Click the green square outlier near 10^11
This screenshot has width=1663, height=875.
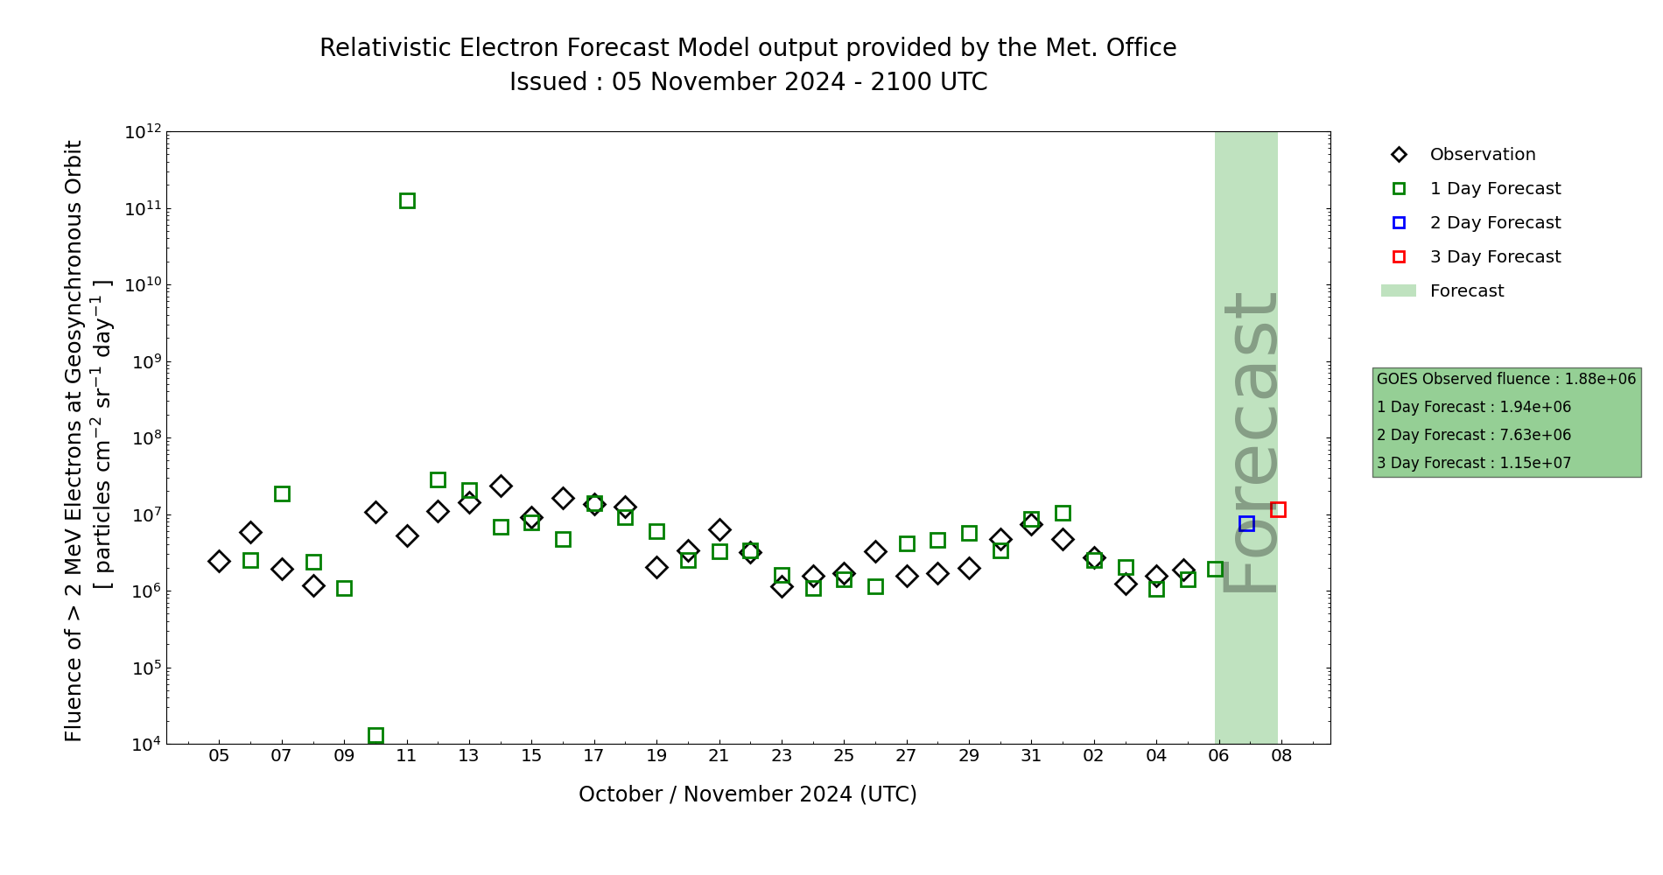pyautogui.click(x=407, y=201)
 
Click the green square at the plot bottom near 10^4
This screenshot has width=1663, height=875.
pyautogui.click(x=375, y=735)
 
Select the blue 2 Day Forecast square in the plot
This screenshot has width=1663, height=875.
pyautogui.click(x=1246, y=523)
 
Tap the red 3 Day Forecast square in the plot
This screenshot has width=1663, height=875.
pyautogui.click(x=1278, y=509)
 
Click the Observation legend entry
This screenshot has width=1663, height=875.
pyautogui.click(x=1482, y=155)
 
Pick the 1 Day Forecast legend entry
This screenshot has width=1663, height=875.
pyautogui.click(x=1494, y=189)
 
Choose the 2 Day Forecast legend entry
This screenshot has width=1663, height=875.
pyautogui.click(x=1494, y=223)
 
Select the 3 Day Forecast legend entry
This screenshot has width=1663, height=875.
pyautogui.click(x=1494, y=257)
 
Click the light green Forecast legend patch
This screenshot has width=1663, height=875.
pyautogui.click(x=1399, y=290)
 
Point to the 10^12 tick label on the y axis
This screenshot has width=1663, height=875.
pyautogui.click(x=144, y=132)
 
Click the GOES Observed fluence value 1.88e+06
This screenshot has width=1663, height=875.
pyautogui.click(x=1600, y=380)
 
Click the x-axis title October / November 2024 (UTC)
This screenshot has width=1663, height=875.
pyautogui.click(x=747, y=794)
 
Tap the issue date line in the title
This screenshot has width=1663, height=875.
pyautogui.click(x=747, y=82)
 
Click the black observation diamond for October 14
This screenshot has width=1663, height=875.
pyautogui.click(x=501, y=486)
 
